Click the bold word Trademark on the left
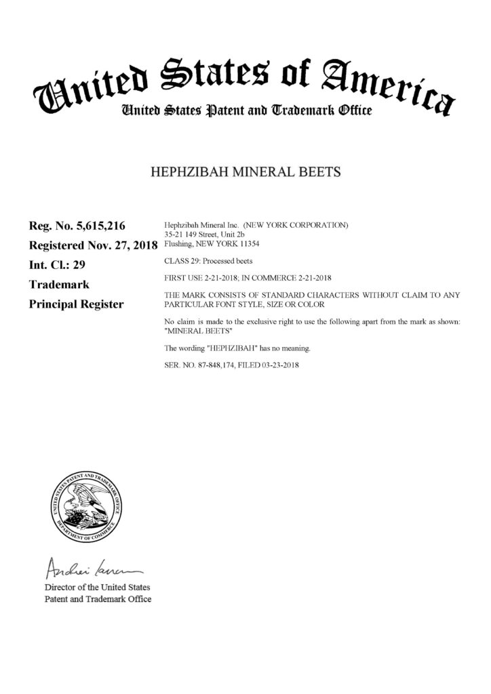pyautogui.click(x=58, y=285)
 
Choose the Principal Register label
pyautogui.click(x=76, y=304)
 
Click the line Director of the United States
pyautogui.click(x=97, y=587)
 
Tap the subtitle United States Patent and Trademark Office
pyautogui.click(x=245, y=110)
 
